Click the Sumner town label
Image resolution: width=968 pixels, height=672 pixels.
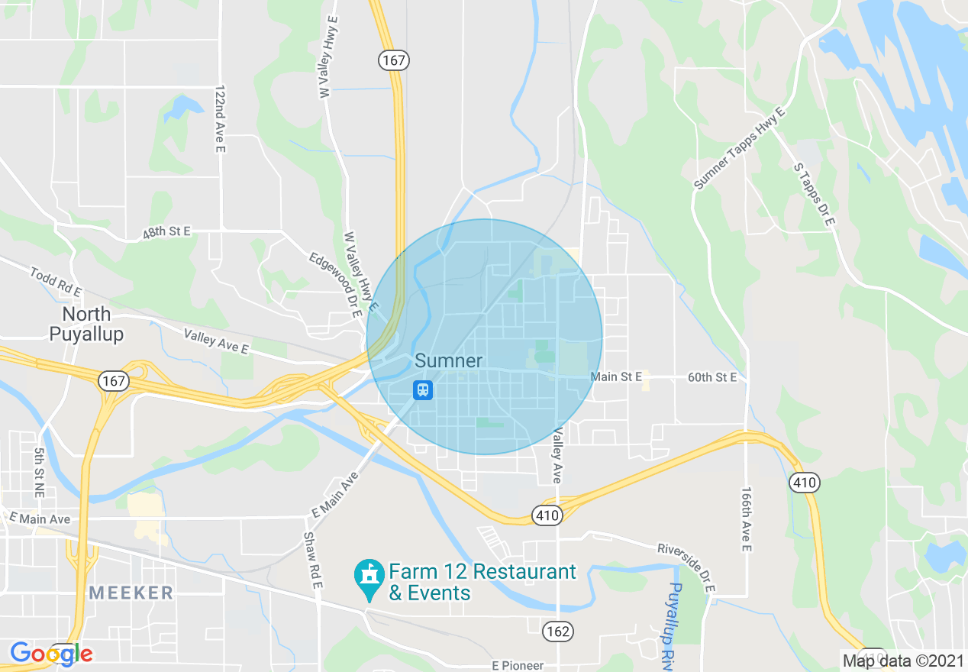pyautogui.click(x=448, y=360)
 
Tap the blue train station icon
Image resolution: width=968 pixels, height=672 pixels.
pyautogui.click(x=423, y=390)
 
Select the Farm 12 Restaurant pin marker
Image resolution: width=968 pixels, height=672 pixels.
pyautogui.click(x=370, y=580)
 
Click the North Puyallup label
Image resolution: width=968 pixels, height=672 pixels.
pyautogui.click(x=86, y=324)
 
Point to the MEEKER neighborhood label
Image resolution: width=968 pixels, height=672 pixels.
pyautogui.click(x=131, y=593)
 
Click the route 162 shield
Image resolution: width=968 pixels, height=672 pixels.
pyautogui.click(x=558, y=631)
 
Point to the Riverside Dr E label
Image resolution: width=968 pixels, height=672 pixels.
pyautogui.click(x=686, y=567)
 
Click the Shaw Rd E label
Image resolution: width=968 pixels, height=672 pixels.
pyautogui.click(x=313, y=560)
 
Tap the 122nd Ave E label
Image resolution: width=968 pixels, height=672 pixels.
pyautogui.click(x=221, y=118)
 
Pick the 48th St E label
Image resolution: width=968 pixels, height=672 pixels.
pyautogui.click(x=166, y=233)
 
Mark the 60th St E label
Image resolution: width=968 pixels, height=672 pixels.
pyautogui.click(x=712, y=377)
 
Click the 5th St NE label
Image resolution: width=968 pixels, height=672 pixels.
pyautogui.click(x=40, y=473)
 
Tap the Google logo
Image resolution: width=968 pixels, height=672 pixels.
pyautogui.click(x=51, y=654)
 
